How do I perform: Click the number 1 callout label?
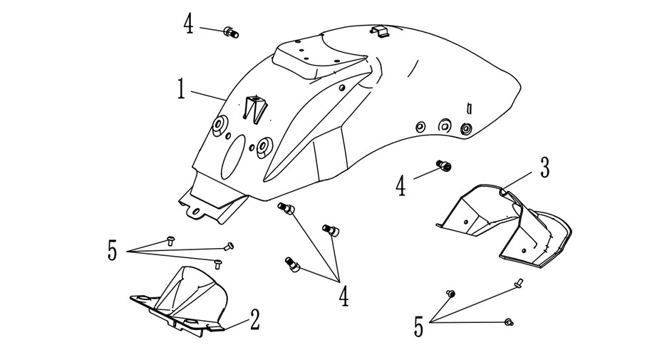(182, 89)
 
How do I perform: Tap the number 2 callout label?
(254, 319)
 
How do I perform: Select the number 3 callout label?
(544, 168)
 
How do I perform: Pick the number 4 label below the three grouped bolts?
(343, 296)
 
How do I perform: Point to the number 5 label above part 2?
(112, 250)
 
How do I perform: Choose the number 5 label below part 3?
(419, 326)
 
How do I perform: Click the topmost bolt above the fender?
(231, 32)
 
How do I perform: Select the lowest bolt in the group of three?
(292, 264)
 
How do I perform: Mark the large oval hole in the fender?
(233, 157)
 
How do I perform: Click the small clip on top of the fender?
(379, 31)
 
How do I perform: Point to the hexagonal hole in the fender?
(444, 125)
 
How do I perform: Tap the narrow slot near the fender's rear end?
(469, 108)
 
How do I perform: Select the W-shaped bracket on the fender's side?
(255, 109)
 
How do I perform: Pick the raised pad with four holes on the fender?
(319, 60)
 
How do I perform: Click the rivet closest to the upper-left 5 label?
(171, 241)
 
